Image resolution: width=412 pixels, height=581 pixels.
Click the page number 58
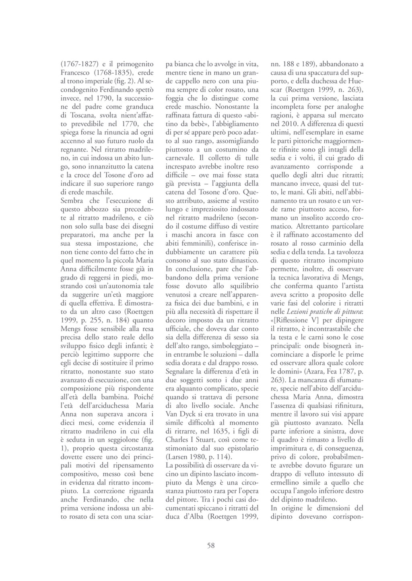pos(211,545)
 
